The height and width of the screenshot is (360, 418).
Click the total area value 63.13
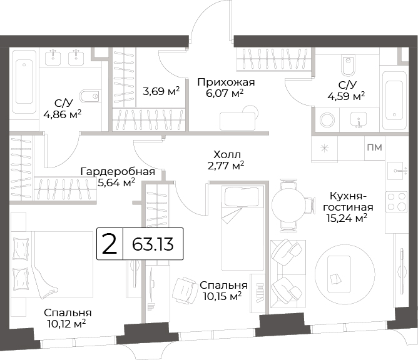153,244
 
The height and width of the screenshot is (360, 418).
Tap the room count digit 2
110,244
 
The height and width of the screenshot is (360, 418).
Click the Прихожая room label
226,82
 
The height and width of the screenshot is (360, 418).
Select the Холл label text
227,154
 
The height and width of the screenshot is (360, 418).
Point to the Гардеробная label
118,171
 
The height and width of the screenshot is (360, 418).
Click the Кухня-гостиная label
348,202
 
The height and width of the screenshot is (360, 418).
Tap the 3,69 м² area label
161,91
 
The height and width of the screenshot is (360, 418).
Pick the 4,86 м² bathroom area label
63,115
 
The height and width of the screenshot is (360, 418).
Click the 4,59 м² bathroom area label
346,96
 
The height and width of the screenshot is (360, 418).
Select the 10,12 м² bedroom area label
66,324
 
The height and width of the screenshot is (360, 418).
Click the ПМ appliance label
375,147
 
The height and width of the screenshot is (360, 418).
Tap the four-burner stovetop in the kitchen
397,202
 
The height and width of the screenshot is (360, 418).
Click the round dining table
288,205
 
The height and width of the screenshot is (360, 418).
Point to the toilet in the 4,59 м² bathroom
348,65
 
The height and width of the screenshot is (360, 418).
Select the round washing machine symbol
327,119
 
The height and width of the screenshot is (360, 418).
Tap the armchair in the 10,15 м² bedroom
185,290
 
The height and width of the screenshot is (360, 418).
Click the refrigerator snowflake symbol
324,148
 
